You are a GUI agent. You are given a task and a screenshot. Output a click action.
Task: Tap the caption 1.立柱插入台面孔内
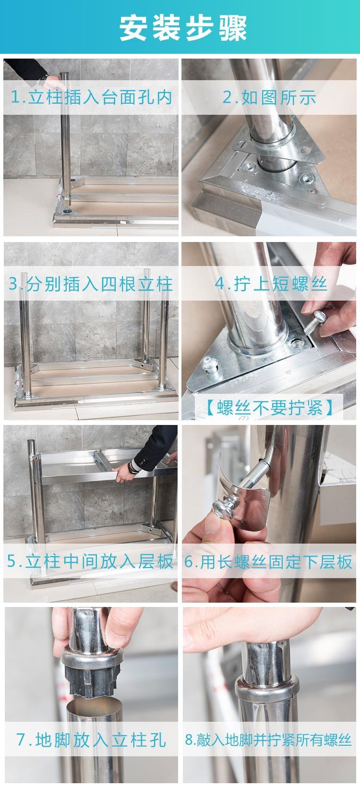point(91,97)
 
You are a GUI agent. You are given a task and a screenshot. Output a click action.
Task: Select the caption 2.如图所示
point(269,97)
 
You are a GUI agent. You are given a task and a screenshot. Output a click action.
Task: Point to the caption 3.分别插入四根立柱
point(91,283)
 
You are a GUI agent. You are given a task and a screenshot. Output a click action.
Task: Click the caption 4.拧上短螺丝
point(271,283)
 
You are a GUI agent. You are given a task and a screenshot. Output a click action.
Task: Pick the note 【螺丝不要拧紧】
point(269,407)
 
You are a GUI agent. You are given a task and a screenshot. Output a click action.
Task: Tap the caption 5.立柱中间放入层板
point(90,561)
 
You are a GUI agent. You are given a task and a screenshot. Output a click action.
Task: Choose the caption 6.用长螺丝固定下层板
point(268,561)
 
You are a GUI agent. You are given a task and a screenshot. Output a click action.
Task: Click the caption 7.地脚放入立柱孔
point(91,740)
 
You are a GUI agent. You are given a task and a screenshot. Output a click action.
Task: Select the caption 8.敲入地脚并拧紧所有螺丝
point(268,740)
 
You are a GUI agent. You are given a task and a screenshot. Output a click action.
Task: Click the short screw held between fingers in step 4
point(315,322)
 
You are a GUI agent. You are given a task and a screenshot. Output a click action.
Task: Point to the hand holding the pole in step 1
point(56,83)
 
